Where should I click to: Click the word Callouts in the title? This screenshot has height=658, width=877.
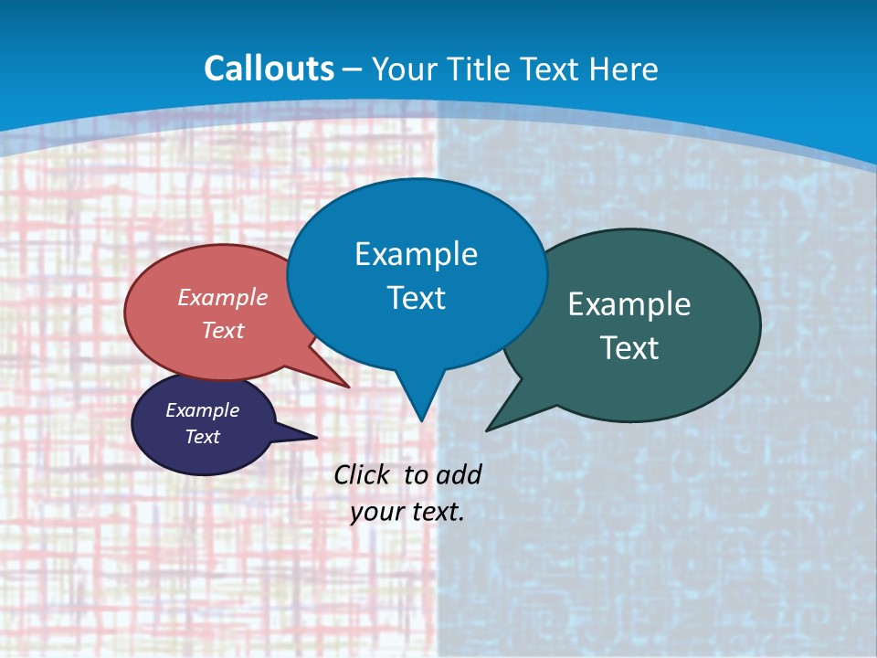pos(269,69)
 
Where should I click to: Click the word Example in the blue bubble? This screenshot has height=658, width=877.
pos(416,254)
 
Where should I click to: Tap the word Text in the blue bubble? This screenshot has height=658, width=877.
pos(416,298)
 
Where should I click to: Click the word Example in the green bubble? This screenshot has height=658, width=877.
pos(629,304)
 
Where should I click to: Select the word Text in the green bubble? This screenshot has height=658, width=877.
pos(629,348)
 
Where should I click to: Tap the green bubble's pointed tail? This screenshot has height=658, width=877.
pos(491,428)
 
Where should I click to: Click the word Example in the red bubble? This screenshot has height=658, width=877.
pos(223,298)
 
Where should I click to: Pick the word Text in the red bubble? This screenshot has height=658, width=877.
pos(223,331)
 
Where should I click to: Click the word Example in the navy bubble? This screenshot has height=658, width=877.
pos(202,410)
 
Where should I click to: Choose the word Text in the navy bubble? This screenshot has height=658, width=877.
pos(202,437)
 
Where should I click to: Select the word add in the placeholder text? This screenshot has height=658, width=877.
pos(458,474)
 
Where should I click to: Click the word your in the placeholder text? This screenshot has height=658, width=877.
pos(376,512)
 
